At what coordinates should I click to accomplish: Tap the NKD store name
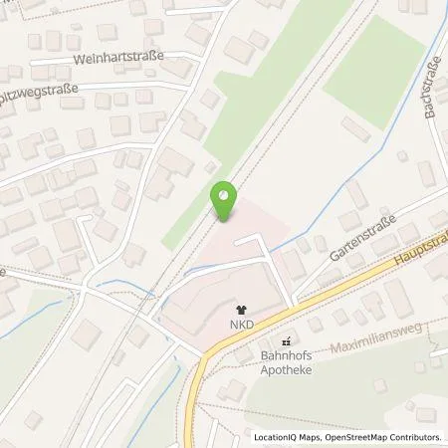239,324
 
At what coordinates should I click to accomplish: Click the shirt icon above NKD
239,309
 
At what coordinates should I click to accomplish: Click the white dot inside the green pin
225,194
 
